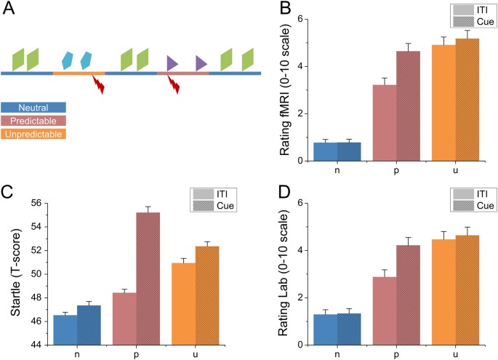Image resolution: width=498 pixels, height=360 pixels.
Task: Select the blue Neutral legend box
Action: click(33, 107)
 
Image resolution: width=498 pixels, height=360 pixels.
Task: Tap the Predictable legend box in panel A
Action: click(33, 120)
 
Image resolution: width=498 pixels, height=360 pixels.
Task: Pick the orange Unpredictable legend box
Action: click(33, 134)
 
